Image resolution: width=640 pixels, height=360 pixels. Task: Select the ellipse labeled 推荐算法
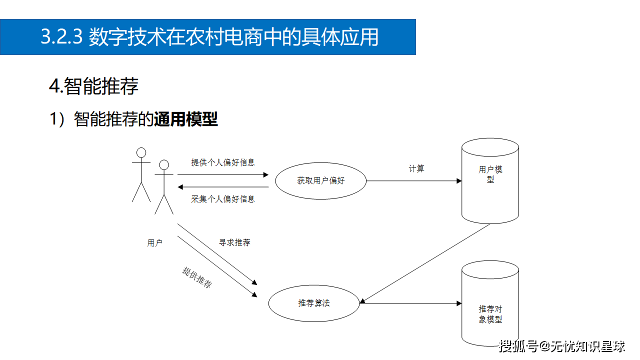(x=314, y=303)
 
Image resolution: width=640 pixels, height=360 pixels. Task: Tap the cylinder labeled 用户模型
(x=490, y=180)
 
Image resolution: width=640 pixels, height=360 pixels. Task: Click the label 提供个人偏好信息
(x=223, y=162)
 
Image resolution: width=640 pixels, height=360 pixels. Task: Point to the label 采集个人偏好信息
(x=223, y=199)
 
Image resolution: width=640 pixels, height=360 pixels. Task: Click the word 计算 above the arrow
(x=416, y=169)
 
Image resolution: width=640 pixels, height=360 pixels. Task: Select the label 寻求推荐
(x=234, y=242)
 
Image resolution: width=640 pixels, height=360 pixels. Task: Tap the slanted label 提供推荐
(x=197, y=277)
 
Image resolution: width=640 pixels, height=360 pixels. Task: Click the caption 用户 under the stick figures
(x=154, y=243)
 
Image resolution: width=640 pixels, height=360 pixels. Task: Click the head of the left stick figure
(x=141, y=152)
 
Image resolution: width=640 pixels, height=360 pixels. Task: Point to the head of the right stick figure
(x=164, y=164)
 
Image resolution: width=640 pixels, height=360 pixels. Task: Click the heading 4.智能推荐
(x=93, y=86)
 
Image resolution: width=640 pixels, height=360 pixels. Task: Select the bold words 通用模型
(x=186, y=120)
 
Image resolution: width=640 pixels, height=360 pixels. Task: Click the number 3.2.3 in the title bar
(x=61, y=37)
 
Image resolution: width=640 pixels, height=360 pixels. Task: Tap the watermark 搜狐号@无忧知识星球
(x=561, y=346)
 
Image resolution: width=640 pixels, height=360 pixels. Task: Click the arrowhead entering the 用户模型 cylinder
(x=459, y=181)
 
